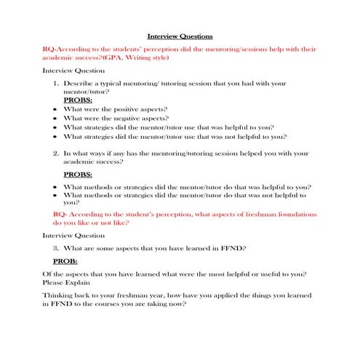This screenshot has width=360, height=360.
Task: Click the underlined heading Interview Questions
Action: point(180,36)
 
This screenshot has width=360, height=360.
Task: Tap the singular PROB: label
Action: point(68,260)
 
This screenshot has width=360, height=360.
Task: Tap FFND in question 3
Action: point(233,247)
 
